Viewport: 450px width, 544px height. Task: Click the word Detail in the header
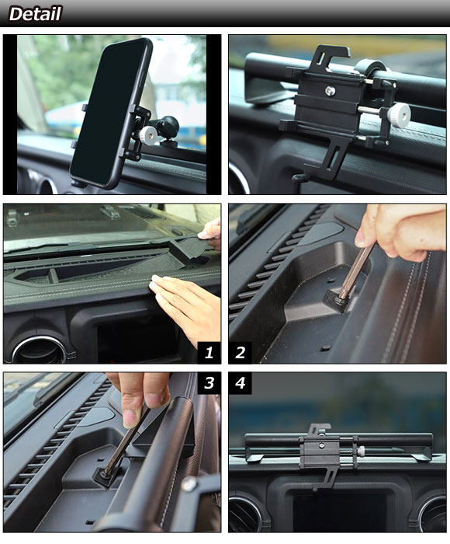coord(35,14)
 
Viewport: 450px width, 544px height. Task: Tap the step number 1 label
coord(209,353)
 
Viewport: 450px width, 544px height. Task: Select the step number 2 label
coord(240,353)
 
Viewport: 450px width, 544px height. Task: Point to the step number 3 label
coord(209,383)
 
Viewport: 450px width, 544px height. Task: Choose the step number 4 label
coord(240,383)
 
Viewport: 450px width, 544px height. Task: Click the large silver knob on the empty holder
coord(398,113)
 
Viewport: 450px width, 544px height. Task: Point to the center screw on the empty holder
coord(331,91)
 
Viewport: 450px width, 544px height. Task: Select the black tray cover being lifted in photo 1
coord(190,249)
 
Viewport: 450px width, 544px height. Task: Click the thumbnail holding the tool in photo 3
coord(130,419)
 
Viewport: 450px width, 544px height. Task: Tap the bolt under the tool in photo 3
coord(105,476)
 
